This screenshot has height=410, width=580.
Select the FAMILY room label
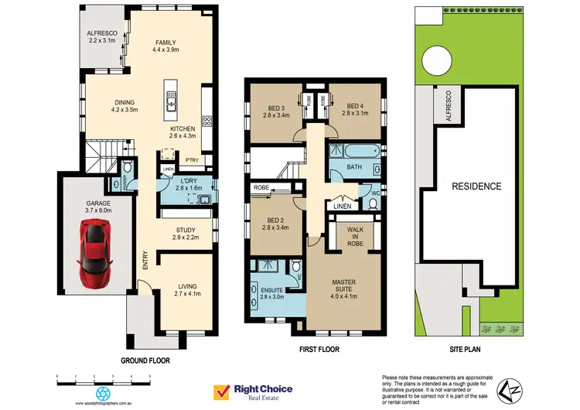click(167, 42)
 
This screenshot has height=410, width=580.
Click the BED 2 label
click(275, 220)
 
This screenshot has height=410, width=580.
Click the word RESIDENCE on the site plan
click(477, 186)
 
